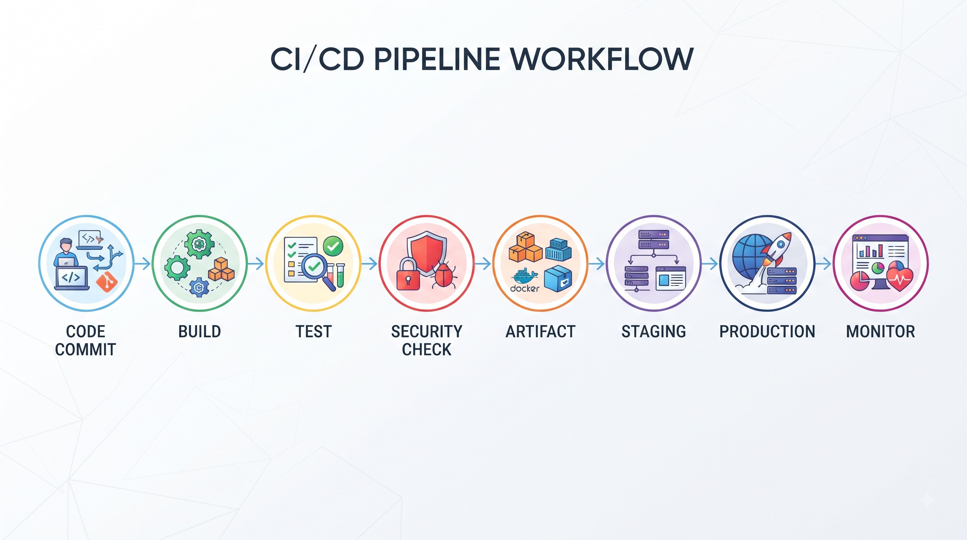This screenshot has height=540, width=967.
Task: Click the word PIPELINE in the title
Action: (437, 59)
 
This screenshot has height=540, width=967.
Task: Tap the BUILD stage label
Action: (200, 332)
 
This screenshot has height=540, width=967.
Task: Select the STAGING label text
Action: (654, 332)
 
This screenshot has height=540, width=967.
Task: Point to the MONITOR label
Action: (880, 332)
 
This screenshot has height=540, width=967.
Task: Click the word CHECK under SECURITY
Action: (427, 349)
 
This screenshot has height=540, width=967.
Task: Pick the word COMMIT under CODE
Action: (86, 349)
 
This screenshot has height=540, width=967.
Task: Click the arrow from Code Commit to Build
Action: (143, 264)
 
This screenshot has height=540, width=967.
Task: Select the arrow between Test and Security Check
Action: (369, 264)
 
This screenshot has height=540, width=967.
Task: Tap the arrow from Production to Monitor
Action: (824, 264)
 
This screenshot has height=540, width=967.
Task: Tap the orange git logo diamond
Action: (106, 281)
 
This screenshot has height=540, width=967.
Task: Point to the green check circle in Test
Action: (333, 246)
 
